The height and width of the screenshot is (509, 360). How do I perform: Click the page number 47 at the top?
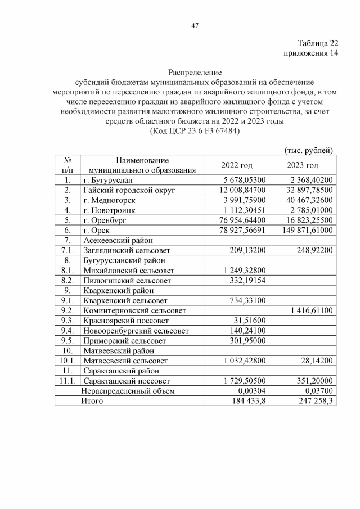tap(195, 25)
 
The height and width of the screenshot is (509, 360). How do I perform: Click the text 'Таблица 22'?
tap(318, 43)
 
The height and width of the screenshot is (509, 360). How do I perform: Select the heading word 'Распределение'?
tap(195, 73)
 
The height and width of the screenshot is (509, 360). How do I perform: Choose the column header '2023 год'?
tap(303, 165)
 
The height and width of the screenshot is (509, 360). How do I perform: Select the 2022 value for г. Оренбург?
tap(241, 220)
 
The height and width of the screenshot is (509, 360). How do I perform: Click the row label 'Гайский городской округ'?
tap(129, 190)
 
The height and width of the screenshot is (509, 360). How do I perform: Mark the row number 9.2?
tap(67, 310)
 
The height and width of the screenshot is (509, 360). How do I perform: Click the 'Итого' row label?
tap(93, 400)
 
